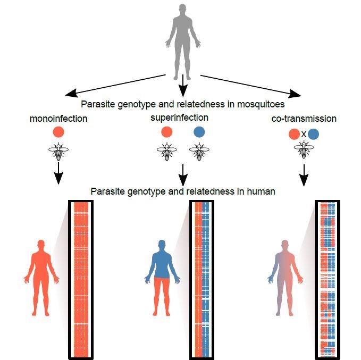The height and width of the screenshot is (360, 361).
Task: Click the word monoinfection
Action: click(x=58, y=119)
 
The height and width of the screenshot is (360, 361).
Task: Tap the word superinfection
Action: click(x=183, y=117)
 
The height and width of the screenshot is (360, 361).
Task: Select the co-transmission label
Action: click(x=304, y=119)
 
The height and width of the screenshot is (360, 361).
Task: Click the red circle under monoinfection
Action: click(x=59, y=132)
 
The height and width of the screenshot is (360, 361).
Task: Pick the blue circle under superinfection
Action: click(x=199, y=132)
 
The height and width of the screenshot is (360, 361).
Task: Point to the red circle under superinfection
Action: click(x=166, y=132)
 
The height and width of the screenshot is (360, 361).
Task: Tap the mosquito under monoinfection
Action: click(x=59, y=153)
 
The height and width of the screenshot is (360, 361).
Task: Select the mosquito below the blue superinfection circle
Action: click(x=199, y=153)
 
